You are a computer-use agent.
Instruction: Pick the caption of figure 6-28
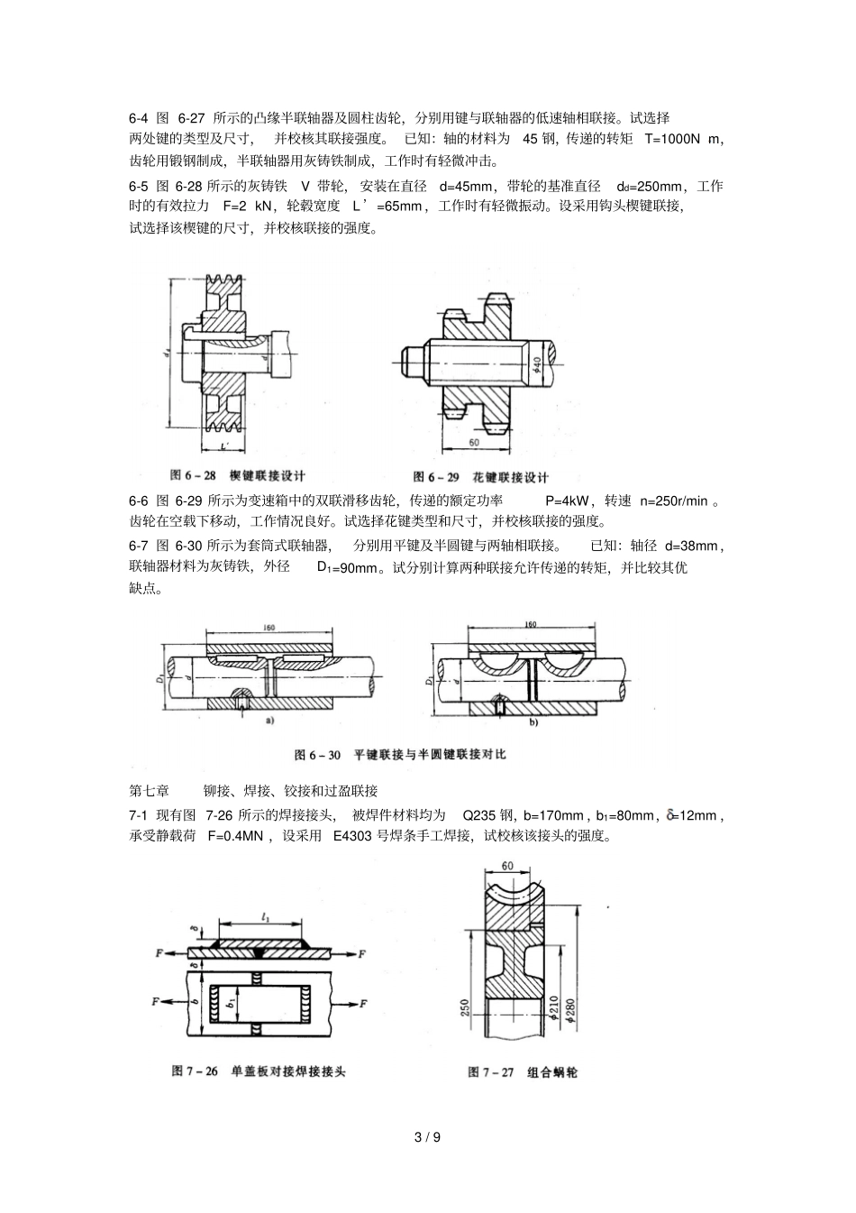click(238, 475)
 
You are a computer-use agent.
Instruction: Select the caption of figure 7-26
click(259, 1071)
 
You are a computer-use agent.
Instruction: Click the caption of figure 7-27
click(523, 1071)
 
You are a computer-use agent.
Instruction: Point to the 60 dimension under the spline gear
click(474, 443)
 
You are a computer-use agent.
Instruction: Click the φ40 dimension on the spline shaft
click(537, 365)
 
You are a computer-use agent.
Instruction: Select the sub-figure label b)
click(532, 722)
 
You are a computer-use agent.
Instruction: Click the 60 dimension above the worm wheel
click(507, 866)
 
